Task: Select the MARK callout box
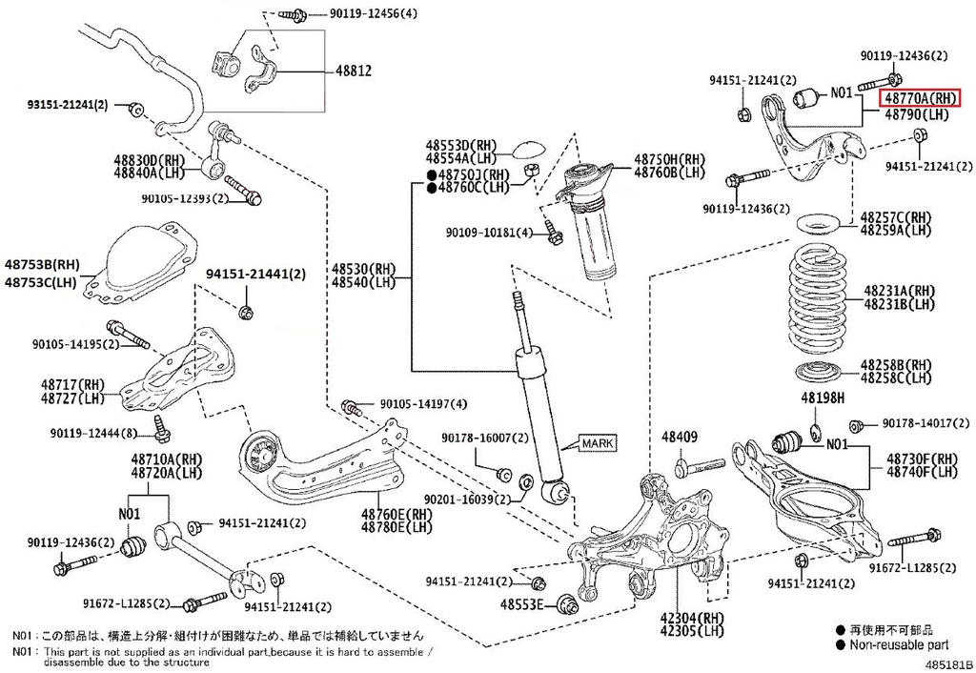point(599,443)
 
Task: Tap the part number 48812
point(352,71)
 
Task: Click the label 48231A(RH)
point(898,290)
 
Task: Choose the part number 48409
point(680,438)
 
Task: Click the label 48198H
point(822,396)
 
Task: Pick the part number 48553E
point(524,604)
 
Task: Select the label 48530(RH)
point(363,270)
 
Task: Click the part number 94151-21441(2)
point(255,275)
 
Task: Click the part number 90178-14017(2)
point(919,423)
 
